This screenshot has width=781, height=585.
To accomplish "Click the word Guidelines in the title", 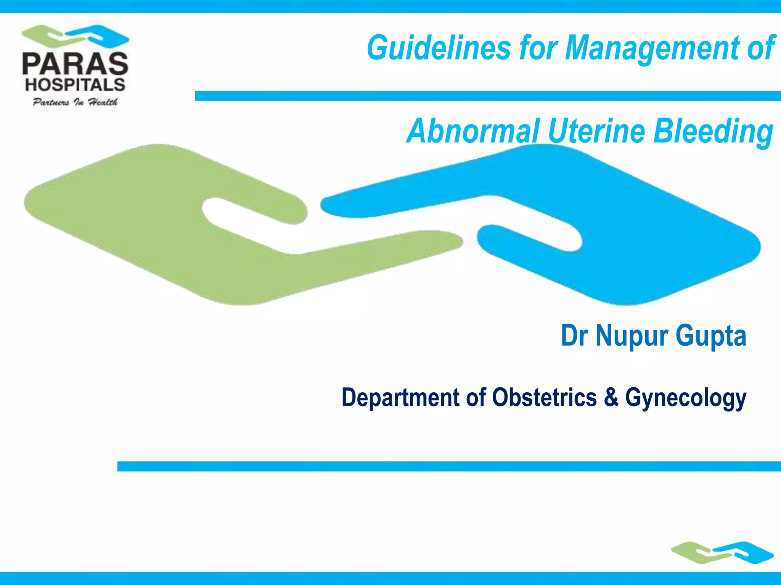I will (439, 48).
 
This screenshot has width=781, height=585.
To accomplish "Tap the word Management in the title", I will (652, 49).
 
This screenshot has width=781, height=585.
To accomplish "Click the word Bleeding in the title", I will (713, 132).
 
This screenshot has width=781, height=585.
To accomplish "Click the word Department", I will (400, 398).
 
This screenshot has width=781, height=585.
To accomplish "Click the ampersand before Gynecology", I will (611, 398).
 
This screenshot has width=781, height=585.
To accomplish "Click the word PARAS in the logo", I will (75, 64).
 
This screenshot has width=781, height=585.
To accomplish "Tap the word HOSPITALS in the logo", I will (75, 85).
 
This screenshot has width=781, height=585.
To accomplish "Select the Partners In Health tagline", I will (75, 102).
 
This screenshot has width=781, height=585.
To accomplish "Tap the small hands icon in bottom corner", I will (722, 553).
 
